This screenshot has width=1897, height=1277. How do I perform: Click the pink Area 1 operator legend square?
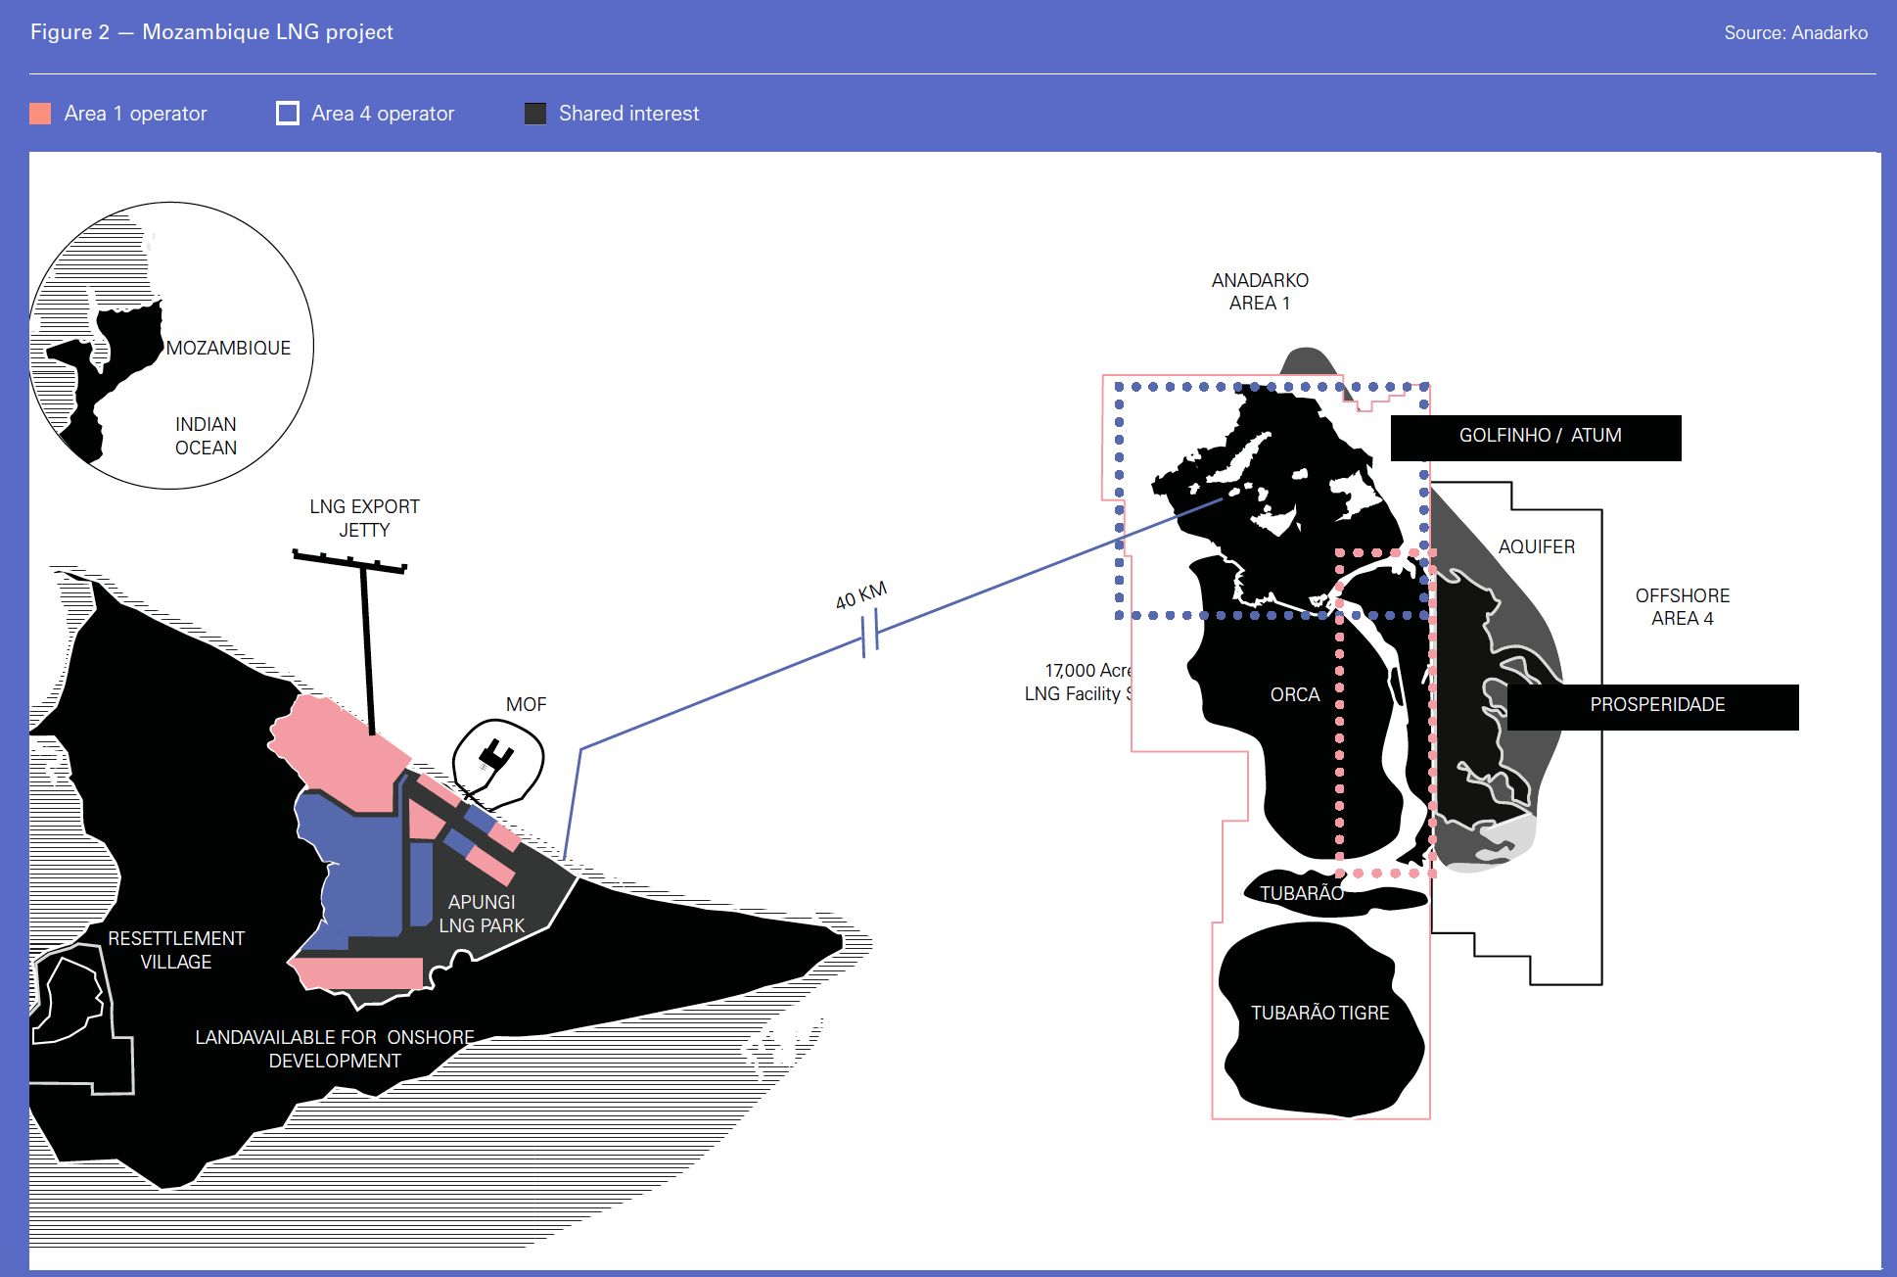[x=40, y=114]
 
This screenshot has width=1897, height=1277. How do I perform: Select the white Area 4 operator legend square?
[x=288, y=114]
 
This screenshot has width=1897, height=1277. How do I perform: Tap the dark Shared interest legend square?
[x=535, y=114]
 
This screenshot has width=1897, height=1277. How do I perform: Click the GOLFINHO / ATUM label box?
[x=1536, y=437]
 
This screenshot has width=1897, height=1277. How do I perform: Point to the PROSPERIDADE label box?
[x=1653, y=706]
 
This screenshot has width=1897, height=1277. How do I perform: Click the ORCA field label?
[x=1295, y=695]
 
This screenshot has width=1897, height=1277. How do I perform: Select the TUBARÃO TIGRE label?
[x=1319, y=1014]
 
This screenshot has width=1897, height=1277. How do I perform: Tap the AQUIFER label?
[x=1537, y=547]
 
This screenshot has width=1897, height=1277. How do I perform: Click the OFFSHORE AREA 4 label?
[x=1683, y=607]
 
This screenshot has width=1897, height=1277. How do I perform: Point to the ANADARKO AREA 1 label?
[x=1260, y=292]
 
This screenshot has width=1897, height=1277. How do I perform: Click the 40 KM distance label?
[x=860, y=595]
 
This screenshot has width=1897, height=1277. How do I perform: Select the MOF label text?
[x=526, y=705]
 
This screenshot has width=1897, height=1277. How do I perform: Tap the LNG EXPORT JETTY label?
[x=364, y=518]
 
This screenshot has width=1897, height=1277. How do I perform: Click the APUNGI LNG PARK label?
[x=482, y=914]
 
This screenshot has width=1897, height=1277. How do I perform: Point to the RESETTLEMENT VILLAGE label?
[x=176, y=950]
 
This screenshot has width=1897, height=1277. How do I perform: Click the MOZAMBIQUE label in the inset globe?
[x=228, y=349]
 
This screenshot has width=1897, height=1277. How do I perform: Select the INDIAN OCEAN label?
[x=206, y=436]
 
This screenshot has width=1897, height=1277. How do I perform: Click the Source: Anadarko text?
[x=1795, y=33]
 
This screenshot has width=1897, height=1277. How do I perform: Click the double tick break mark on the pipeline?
[x=870, y=633]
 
